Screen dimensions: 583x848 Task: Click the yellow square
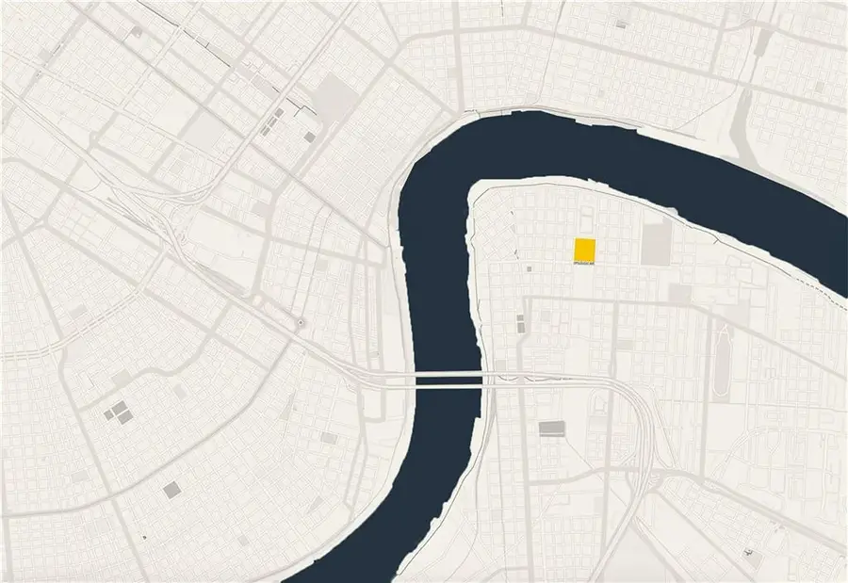[x=584, y=251]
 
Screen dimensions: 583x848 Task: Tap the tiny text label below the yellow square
[x=584, y=265]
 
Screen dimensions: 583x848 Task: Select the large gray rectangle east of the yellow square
[x=656, y=243]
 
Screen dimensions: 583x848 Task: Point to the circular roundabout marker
[x=301, y=324]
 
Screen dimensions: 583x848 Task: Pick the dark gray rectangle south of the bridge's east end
[x=551, y=429]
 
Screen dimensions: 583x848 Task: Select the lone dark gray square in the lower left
[x=171, y=490]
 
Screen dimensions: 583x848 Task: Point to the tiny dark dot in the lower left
[x=144, y=537]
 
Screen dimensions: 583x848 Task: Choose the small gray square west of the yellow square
[x=530, y=269]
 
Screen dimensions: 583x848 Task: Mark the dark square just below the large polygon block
[x=310, y=138]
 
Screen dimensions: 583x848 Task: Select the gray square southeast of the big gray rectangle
[x=679, y=295]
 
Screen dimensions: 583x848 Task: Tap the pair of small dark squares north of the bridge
[x=519, y=323]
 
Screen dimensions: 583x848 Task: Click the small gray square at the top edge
[x=137, y=31]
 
